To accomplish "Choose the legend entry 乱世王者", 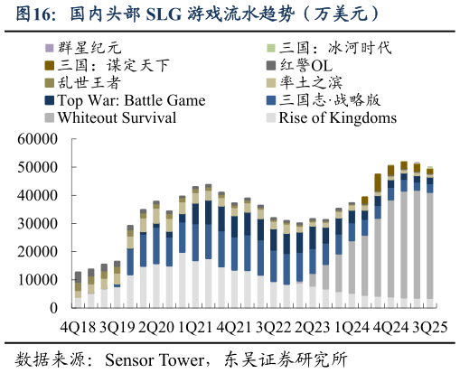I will (91, 83).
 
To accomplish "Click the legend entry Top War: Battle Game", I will (132, 100).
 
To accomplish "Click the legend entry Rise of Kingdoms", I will (337, 117).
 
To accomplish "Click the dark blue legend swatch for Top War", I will (48, 100).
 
